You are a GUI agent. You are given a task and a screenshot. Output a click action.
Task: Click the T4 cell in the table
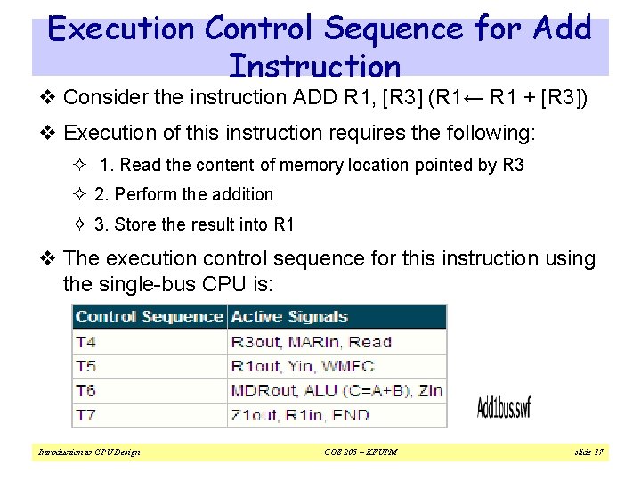coord(85,342)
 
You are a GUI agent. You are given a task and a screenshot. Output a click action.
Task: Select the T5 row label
coord(85,366)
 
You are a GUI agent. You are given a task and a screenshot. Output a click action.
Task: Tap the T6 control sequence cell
coord(85,390)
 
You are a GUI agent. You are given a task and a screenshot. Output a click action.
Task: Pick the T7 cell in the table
coord(85,414)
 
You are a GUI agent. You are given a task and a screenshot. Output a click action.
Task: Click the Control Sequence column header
coord(149,316)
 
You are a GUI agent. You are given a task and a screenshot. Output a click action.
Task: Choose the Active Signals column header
coord(289,316)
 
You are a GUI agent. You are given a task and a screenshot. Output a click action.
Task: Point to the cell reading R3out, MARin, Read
coord(311,342)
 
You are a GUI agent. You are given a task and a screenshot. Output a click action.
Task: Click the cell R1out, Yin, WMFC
coord(303,366)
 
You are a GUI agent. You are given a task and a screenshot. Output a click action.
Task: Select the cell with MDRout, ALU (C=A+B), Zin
coord(337,390)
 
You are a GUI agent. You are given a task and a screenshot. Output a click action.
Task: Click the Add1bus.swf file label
coord(504,408)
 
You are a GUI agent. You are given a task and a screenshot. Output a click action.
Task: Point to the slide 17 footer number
coord(588,452)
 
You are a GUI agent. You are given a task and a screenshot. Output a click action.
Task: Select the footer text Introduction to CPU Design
coord(89,452)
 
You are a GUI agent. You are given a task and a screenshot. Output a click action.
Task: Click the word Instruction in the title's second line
coord(314,67)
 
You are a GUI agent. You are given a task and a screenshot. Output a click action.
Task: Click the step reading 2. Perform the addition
coord(183,194)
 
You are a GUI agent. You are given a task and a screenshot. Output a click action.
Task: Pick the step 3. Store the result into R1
coord(194,224)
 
